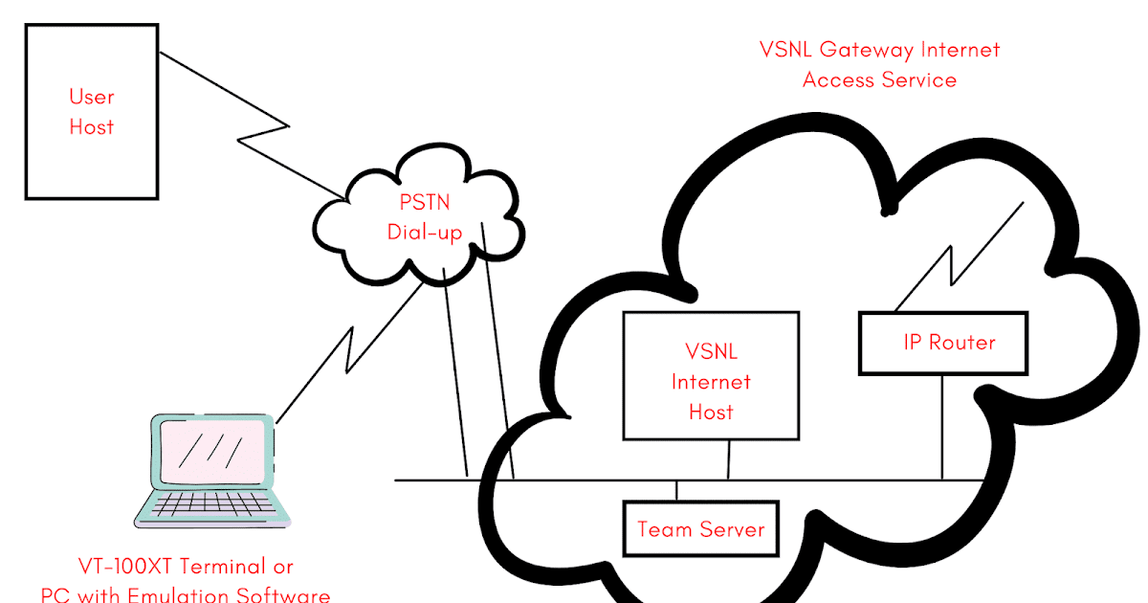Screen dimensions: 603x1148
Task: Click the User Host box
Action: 91,111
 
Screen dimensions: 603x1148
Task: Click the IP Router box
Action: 943,343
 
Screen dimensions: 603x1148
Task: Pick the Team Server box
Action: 700,528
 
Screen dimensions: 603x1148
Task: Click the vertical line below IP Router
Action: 942,426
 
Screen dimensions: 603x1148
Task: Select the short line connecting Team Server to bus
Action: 677,490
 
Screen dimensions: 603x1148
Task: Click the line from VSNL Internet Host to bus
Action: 729,459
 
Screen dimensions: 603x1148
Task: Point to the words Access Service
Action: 879,79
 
